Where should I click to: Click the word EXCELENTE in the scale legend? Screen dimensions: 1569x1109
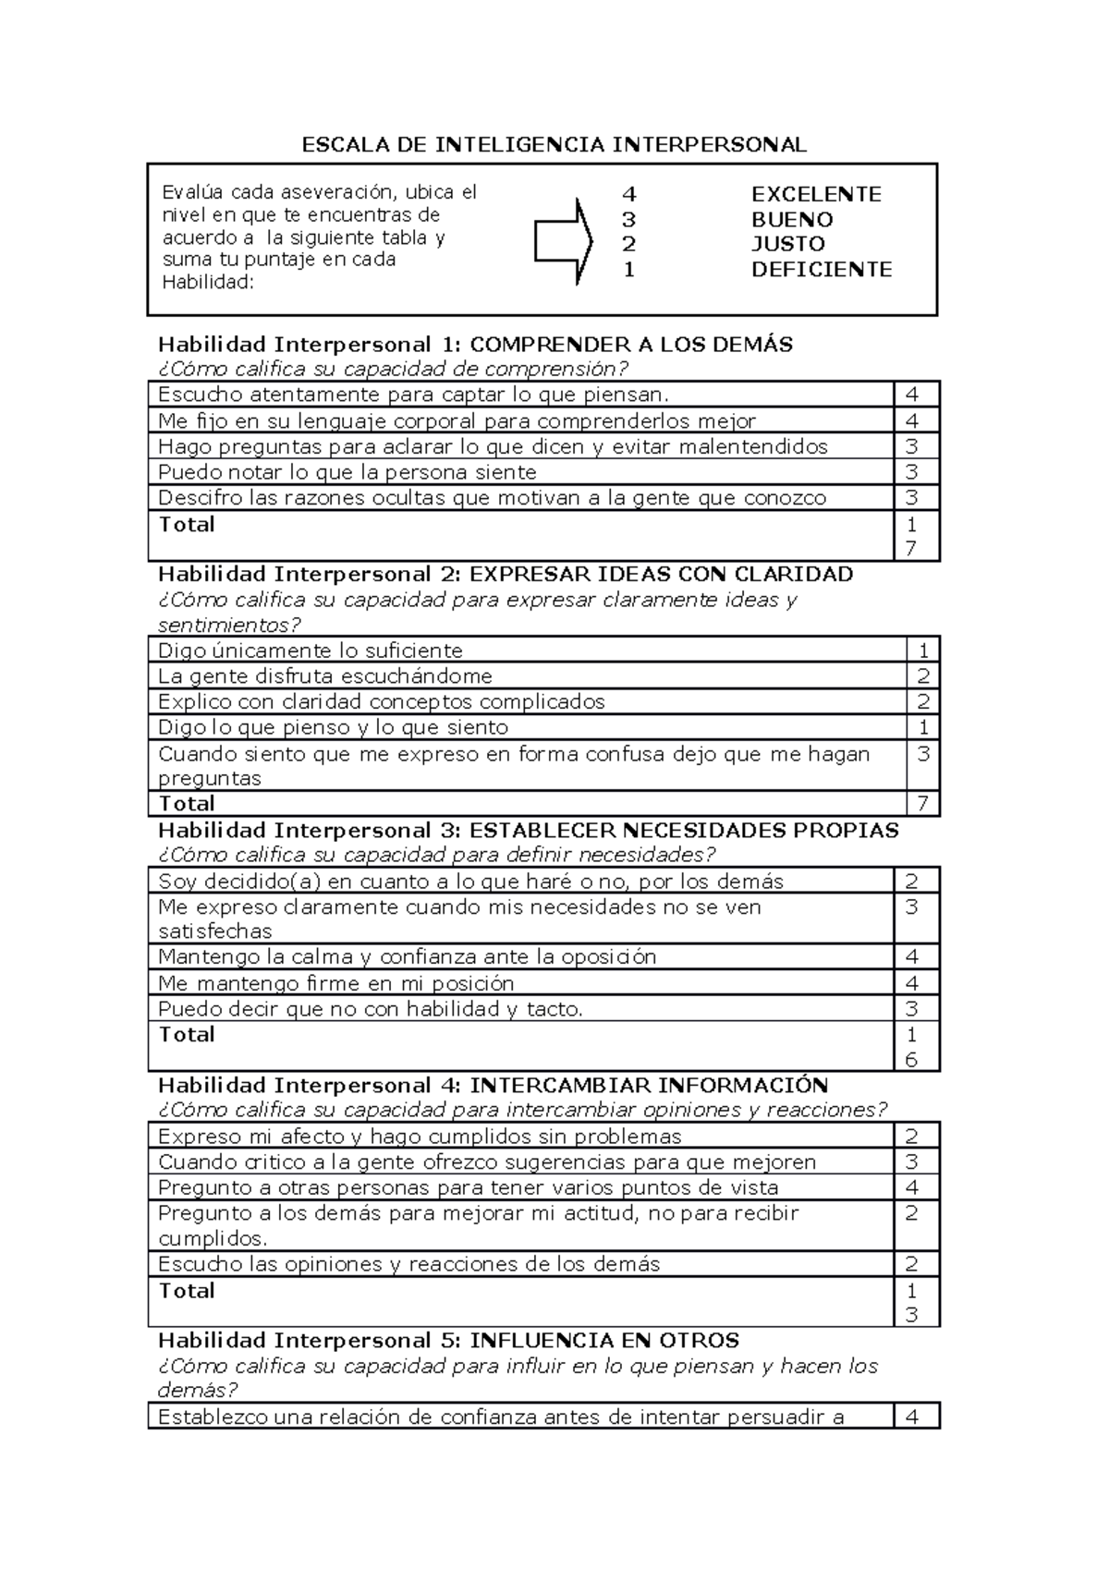(x=816, y=194)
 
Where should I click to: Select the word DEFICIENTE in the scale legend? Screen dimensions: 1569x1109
(x=822, y=270)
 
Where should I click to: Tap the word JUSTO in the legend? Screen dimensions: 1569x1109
(x=787, y=244)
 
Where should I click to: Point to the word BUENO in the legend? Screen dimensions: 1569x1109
(x=792, y=220)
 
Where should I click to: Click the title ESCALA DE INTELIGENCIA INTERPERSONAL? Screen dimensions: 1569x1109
(x=554, y=144)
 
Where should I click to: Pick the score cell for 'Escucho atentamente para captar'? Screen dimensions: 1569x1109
(x=912, y=395)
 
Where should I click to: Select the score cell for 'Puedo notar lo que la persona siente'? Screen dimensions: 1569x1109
(x=912, y=472)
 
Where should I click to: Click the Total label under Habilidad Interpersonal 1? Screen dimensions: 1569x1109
(x=187, y=525)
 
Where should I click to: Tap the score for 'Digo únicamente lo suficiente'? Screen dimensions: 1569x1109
(x=922, y=650)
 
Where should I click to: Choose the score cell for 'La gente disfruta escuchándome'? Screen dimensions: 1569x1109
(x=922, y=675)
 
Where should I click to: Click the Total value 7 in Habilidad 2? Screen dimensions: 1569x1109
(x=922, y=803)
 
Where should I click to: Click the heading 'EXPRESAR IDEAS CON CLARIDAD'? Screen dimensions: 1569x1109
(x=661, y=574)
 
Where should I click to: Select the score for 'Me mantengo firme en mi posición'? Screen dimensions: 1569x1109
(x=912, y=983)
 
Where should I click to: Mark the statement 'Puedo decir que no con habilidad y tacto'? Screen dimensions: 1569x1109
(x=371, y=1009)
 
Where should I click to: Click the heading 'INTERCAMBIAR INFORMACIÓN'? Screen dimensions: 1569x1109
(x=649, y=1085)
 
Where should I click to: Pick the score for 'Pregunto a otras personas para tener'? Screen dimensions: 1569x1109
(x=912, y=1187)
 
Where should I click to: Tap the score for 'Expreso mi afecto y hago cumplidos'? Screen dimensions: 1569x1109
(x=912, y=1137)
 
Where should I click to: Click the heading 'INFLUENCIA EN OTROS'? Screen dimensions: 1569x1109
(x=604, y=1340)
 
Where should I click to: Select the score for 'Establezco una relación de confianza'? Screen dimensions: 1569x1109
(x=912, y=1417)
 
